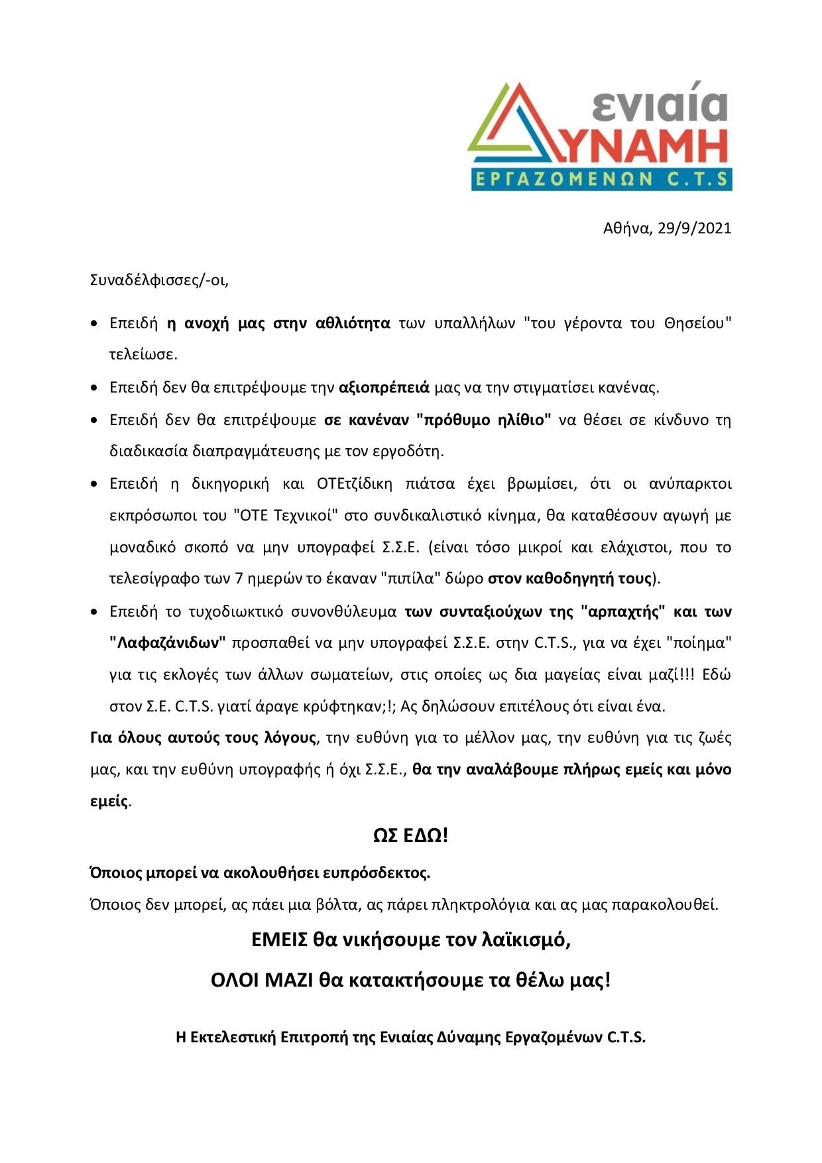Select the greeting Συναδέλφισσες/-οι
point(159,280)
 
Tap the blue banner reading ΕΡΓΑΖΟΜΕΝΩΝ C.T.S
point(601,179)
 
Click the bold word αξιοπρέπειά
point(384,387)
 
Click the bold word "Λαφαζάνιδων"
point(168,643)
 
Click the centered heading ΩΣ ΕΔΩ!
point(410,835)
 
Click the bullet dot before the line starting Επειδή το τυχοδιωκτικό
point(95,611)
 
